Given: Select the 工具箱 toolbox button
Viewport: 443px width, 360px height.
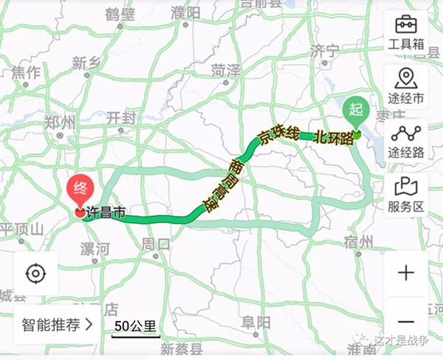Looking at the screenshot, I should coord(406,33).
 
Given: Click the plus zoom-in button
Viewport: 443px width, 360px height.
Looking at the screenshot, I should coord(406,273).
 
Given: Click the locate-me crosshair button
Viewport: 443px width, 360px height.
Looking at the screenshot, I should coord(35,274).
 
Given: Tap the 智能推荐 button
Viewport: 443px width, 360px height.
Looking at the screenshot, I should coord(57,323).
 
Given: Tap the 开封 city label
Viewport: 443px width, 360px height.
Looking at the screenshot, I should coord(122,117).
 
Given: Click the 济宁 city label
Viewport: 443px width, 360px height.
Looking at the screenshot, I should coord(324,51).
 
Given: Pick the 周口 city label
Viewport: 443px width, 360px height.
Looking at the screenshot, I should coord(157,243).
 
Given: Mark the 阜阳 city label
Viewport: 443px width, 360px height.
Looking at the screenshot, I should coord(255,322).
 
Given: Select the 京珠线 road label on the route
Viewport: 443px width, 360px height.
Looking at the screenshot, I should coord(278,135).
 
